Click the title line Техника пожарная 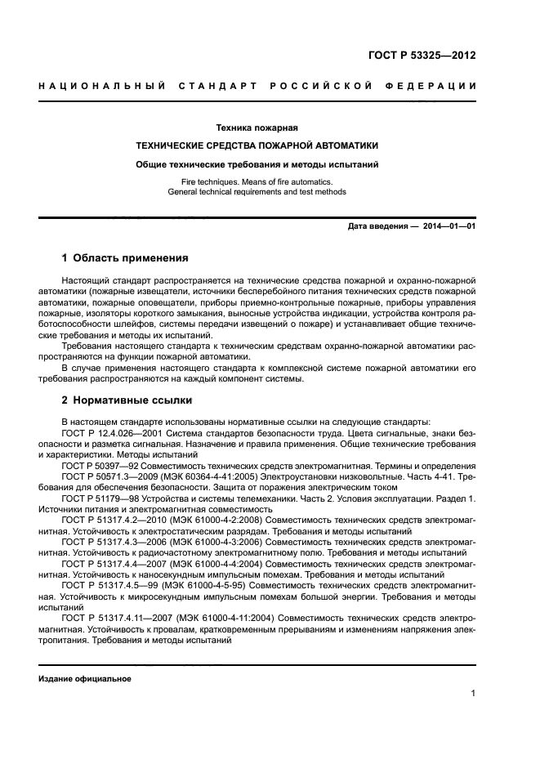(x=257, y=127)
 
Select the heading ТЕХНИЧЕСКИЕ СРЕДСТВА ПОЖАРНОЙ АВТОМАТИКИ (x=257, y=145)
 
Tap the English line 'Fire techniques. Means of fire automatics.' (x=257, y=181)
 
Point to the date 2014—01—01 (x=449, y=226)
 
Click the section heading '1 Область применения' (x=125, y=257)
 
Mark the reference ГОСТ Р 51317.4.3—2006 (x=112, y=540)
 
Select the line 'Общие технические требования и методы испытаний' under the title (x=257, y=164)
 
